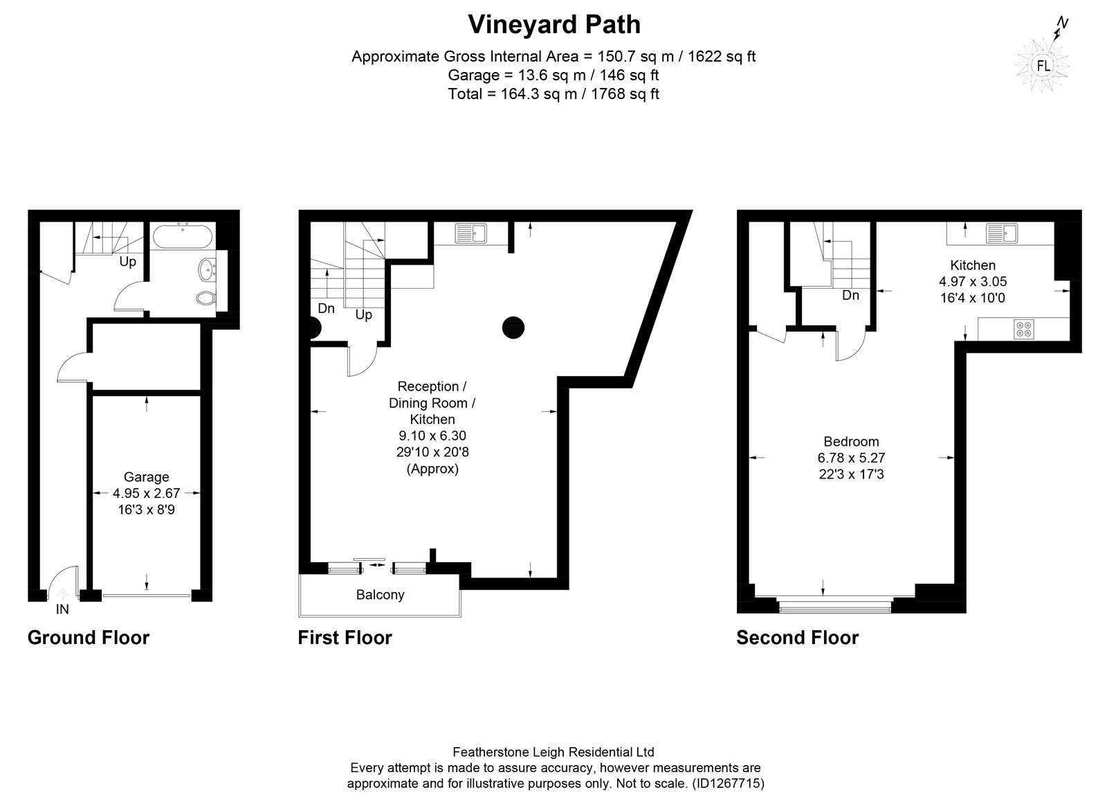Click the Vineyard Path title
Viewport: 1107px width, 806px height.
[554, 25]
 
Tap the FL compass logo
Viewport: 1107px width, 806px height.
[1043, 65]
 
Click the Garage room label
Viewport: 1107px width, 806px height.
[146, 476]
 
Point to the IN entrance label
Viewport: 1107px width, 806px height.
[62, 609]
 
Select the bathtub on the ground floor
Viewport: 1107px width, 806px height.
[183, 237]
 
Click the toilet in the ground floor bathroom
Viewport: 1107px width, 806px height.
[205, 298]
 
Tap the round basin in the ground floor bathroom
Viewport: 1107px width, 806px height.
[207, 270]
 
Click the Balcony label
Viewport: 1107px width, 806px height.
[380, 594]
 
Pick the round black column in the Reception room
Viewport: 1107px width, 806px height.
[513, 328]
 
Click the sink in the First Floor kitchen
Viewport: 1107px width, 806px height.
[471, 233]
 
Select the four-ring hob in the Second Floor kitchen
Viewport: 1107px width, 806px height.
[1023, 330]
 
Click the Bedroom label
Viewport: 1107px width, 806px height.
[851, 442]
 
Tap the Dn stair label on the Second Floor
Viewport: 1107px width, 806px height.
[850, 295]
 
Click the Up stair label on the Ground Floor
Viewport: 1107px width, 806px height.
[127, 262]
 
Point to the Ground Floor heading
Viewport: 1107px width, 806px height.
[89, 637]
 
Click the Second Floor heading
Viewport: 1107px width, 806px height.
[798, 637]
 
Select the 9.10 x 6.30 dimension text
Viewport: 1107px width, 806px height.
[432, 436]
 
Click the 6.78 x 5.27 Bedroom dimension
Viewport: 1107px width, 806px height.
[851, 458]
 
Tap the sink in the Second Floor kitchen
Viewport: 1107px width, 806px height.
[1002, 233]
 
